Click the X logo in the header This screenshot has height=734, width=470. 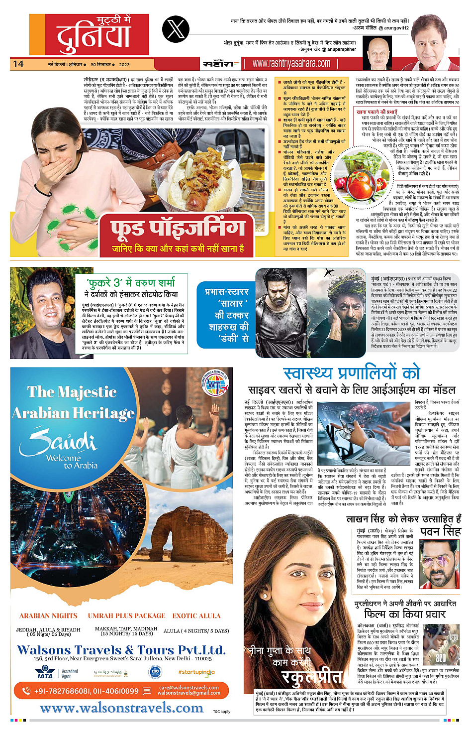[x=176, y=30]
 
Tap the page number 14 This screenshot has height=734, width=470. [x=18, y=64]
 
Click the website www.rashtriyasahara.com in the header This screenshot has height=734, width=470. [x=291, y=64]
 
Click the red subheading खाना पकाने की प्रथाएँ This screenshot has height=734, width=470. [x=377, y=112]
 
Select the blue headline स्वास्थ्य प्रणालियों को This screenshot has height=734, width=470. [x=352, y=372]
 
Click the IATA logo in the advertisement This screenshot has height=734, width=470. [x=45, y=673]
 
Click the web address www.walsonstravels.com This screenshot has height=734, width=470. [x=122, y=708]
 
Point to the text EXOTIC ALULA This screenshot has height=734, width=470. [x=196, y=615]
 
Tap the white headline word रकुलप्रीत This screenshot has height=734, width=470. [x=312, y=677]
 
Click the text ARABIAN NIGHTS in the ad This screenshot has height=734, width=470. [x=49, y=615]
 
